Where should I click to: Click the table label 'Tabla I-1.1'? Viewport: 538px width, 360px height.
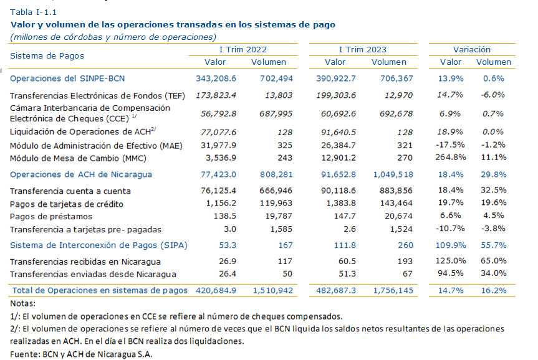pos(33,12)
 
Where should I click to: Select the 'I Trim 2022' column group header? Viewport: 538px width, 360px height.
pos(243,49)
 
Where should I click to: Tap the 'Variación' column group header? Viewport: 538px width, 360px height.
pos(472,49)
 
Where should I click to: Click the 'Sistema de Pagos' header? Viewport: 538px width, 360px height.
pos(47,55)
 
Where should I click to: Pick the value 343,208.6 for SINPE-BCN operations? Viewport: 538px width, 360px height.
pos(216,78)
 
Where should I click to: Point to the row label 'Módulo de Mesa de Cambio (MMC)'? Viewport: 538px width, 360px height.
pos(78,158)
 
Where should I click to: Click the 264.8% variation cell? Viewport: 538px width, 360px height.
pos(451,158)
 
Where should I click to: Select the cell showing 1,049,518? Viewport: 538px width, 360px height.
pos(393,174)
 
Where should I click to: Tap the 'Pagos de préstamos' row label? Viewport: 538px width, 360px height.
pos(51,217)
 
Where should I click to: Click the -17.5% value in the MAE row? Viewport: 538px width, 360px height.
pos(450,144)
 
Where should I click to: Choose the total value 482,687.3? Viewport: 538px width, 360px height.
pos(336,290)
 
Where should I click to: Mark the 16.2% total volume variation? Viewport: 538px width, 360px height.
pos(493,290)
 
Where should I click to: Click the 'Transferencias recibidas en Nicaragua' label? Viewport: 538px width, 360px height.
pos(85,262)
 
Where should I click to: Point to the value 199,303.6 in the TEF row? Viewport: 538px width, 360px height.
pos(336,95)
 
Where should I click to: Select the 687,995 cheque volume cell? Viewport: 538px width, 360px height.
pos(276,113)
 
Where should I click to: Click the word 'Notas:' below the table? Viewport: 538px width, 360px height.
pos(22,303)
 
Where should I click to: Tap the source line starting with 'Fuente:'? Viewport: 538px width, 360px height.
pos(81,354)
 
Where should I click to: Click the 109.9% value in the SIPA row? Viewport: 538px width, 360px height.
pos(451,245)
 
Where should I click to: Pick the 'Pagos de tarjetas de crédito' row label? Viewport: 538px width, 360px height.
pos(67,204)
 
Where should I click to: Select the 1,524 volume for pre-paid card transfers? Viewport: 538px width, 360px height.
pos(401,229)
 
